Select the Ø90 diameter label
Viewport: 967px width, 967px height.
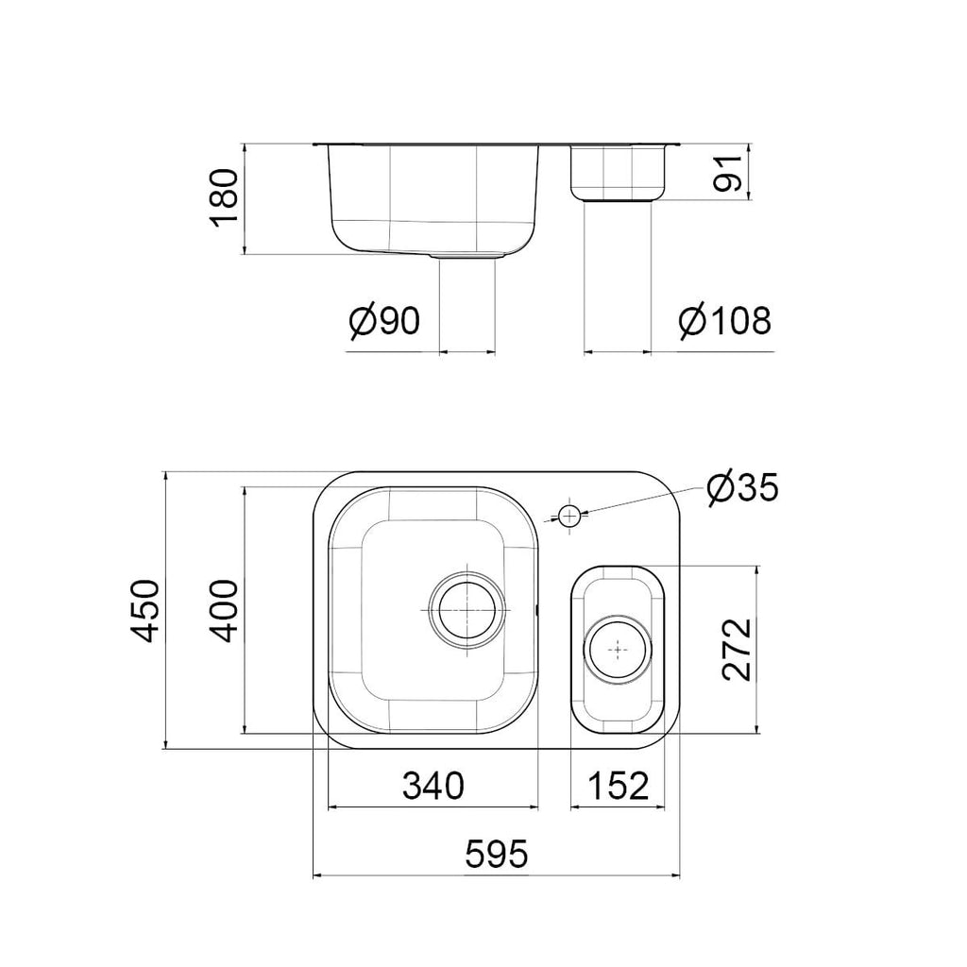(x=384, y=321)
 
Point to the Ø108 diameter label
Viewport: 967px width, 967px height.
(x=725, y=321)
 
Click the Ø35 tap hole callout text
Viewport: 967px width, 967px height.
(x=743, y=489)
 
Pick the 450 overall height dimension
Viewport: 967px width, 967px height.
(x=145, y=611)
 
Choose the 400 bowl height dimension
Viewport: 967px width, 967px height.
(x=223, y=611)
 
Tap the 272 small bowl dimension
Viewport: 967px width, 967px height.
(x=737, y=650)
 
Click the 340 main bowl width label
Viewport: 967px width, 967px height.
(x=433, y=787)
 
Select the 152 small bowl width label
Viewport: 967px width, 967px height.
(x=619, y=787)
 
